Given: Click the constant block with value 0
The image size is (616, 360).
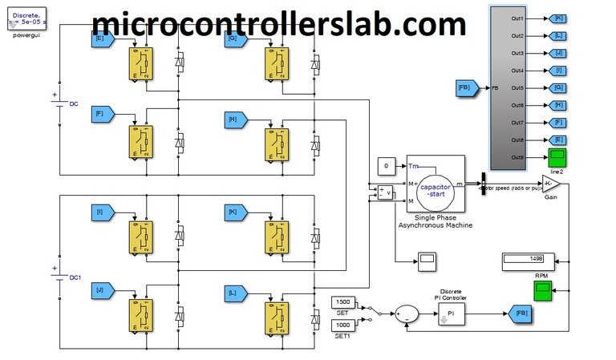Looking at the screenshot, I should [x=386, y=166].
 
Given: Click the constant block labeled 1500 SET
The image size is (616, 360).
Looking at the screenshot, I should [x=342, y=301].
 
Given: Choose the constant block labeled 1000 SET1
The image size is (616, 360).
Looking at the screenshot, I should [x=342, y=324].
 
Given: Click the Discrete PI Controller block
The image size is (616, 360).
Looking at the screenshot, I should [x=451, y=313].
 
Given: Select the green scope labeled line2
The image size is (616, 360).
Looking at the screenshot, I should [x=557, y=156].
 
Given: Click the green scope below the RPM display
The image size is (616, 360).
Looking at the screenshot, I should [x=543, y=293].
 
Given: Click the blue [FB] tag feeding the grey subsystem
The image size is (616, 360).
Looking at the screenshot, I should [x=468, y=87].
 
